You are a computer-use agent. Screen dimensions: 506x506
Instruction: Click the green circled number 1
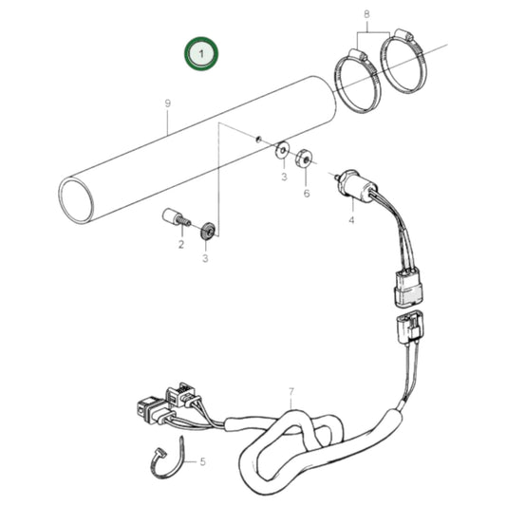(x=201, y=54)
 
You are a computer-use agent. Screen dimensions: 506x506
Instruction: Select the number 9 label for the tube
(x=167, y=103)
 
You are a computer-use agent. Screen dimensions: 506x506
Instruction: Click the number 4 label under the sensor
(x=350, y=220)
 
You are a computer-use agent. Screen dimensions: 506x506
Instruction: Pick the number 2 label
(x=180, y=245)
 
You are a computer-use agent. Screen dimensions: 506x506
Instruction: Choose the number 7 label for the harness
(x=292, y=391)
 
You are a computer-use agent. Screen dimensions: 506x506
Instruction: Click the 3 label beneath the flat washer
(x=283, y=177)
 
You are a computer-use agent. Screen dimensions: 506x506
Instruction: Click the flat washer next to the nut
(x=283, y=150)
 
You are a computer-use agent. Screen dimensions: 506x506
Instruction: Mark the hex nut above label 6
(x=306, y=158)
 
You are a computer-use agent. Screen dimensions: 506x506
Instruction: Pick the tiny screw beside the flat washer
(x=258, y=139)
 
